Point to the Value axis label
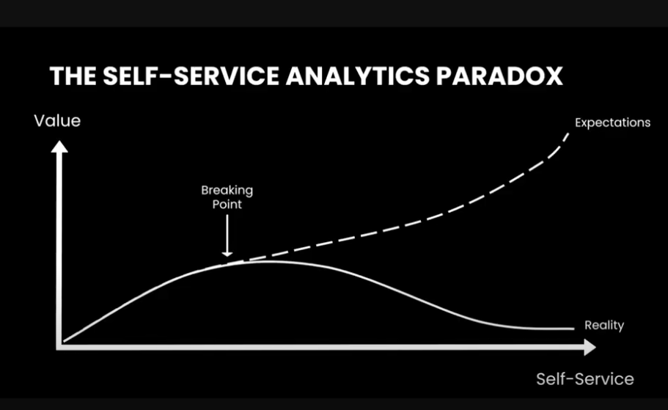click(x=57, y=120)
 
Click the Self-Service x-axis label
click(x=584, y=378)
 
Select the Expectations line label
click(x=612, y=122)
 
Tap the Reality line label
click(x=603, y=325)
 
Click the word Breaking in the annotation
click(x=227, y=191)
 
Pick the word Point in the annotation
click(x=227, y=205)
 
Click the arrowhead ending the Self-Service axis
click(x=588, y=348)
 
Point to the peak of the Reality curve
click(x=260, y=261)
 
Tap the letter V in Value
click(x=39, y=121)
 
